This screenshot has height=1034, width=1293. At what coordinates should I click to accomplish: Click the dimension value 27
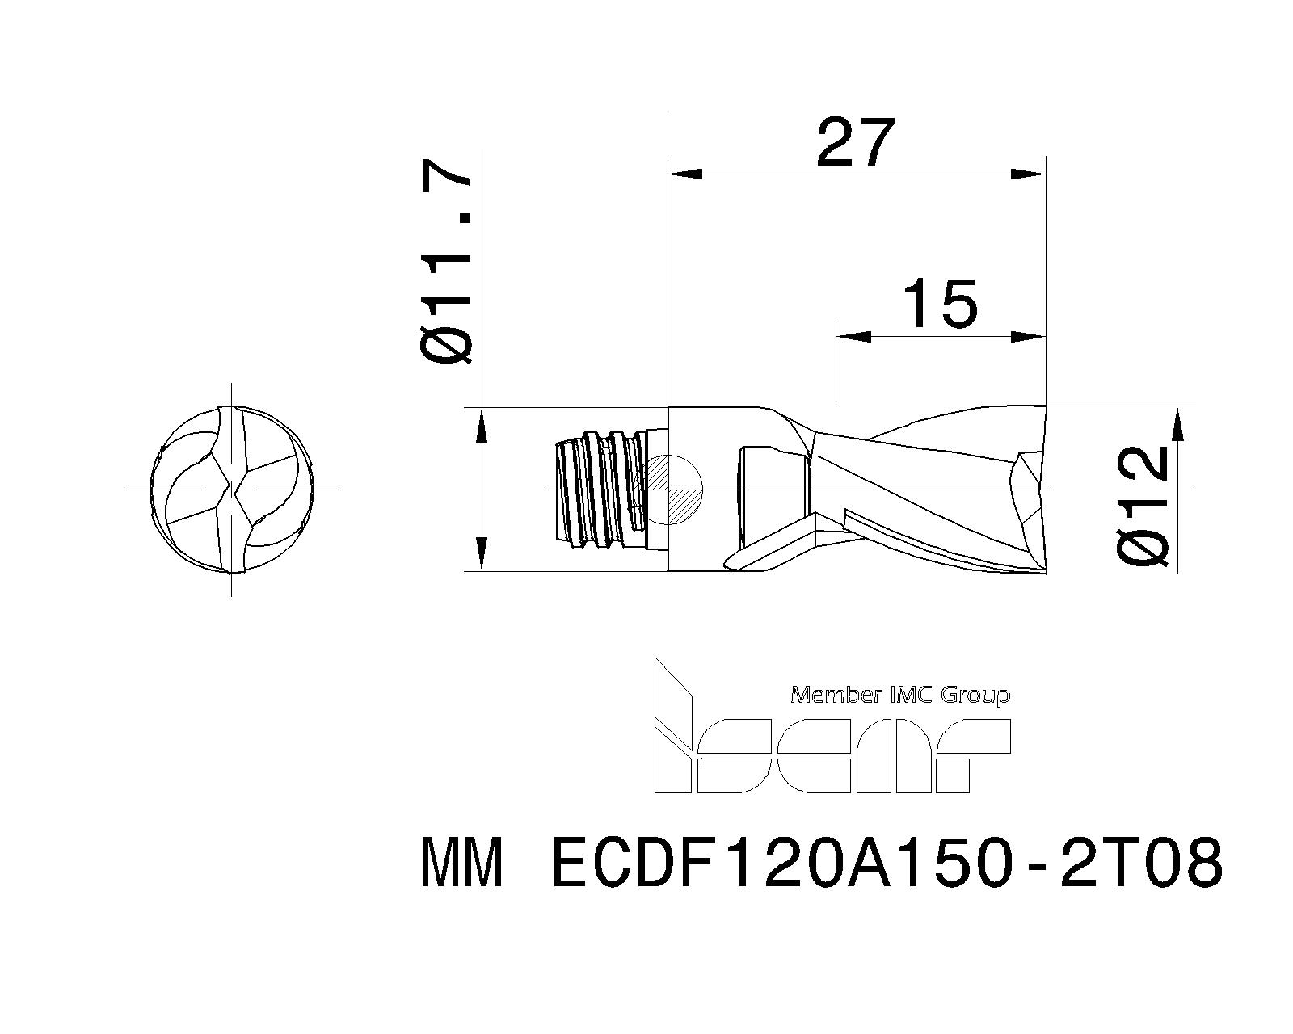click(x=856, y=143)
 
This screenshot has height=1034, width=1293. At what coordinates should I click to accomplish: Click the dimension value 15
click(x=939, y=305)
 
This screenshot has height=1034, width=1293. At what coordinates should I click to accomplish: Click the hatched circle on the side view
click(x=673, y=490)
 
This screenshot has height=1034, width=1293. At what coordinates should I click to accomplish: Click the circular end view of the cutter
click(x=233, y=490)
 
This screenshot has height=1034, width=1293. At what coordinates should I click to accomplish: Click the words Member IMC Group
click(x=899, y=695)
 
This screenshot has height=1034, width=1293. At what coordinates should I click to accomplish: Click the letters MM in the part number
click(x=463, y=863)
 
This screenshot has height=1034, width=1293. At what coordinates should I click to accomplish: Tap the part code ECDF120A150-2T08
click(x=887, y=863)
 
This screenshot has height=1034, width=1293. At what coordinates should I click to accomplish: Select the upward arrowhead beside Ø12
click(x=1177, y=425)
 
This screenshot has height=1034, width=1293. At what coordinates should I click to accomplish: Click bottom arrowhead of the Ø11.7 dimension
click(x=482, y=553)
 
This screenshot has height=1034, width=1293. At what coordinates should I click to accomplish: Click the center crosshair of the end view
click(x=233, y=490)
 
